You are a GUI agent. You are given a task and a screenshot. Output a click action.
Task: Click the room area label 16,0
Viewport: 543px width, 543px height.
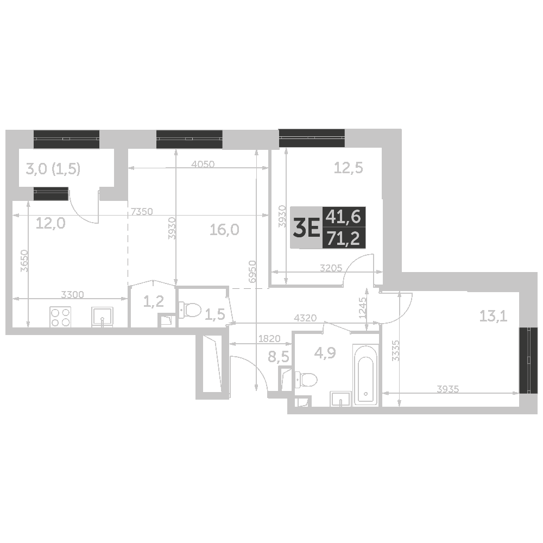224,230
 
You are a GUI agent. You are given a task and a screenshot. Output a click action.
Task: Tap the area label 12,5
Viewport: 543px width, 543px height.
348,168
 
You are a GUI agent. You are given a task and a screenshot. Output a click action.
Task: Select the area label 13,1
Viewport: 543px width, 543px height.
493,315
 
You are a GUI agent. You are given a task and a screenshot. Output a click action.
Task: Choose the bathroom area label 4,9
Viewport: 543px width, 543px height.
325,353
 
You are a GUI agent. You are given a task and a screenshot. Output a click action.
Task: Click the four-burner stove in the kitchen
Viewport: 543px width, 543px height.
61,317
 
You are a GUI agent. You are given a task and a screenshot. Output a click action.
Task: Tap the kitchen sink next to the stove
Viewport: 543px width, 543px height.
102,317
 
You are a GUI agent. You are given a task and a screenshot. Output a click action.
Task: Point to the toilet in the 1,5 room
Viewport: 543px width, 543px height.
191,310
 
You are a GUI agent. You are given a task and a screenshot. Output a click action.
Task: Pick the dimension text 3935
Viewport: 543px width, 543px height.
448,388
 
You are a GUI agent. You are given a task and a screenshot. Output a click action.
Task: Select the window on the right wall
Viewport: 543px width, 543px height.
526,360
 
